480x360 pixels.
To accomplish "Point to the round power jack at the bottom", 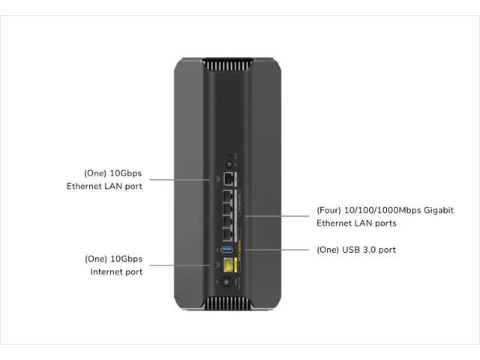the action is [226, 283].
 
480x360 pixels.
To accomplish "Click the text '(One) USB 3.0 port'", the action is [356, 249].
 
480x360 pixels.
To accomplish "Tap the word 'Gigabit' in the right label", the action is [437, 210].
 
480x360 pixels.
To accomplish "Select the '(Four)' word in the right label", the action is [330, 210].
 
